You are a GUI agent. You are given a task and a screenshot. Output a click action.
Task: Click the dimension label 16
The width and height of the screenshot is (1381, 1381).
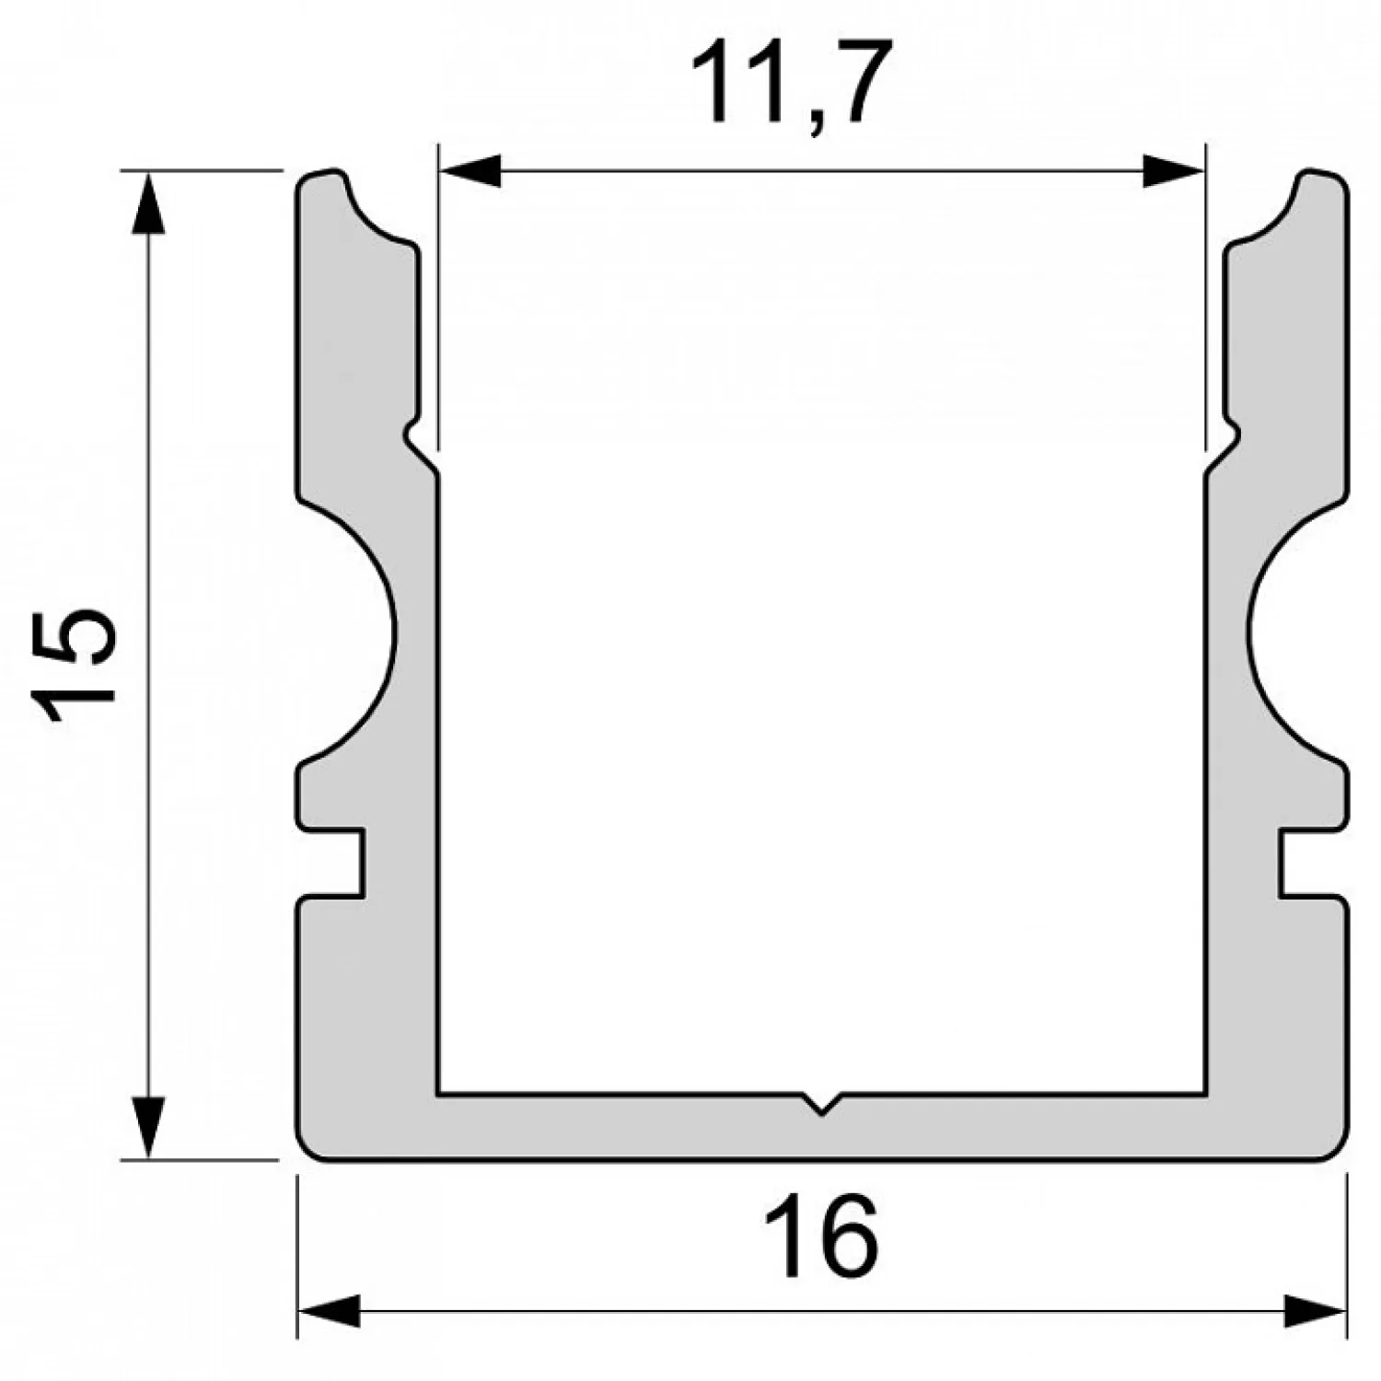click(x=820, y=1237)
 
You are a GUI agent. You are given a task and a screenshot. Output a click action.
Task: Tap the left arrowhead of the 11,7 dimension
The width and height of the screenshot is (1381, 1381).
click(x=470, y=171)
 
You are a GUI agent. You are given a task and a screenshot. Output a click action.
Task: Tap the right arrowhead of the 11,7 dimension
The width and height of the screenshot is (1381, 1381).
click(x=1173, y=171)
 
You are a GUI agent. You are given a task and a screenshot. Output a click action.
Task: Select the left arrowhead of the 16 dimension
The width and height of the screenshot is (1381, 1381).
click(x=329, y=1312)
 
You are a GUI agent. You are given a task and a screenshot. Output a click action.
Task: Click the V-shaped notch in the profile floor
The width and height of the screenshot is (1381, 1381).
click(x=821, y=1103)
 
